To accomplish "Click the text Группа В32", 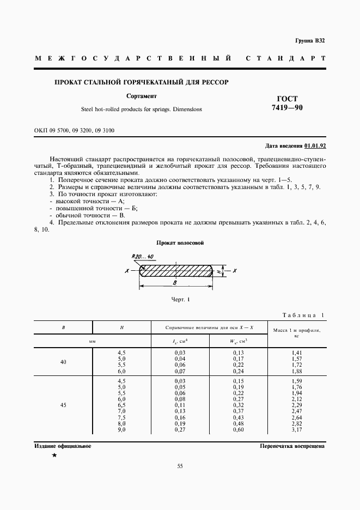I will [310, 41].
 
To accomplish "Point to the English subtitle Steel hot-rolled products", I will [141, 109].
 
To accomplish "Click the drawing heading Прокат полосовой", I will [180, 242].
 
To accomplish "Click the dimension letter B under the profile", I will [174, 283].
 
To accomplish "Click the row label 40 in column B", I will [63, 362].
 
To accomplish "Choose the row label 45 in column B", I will [63, 405].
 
